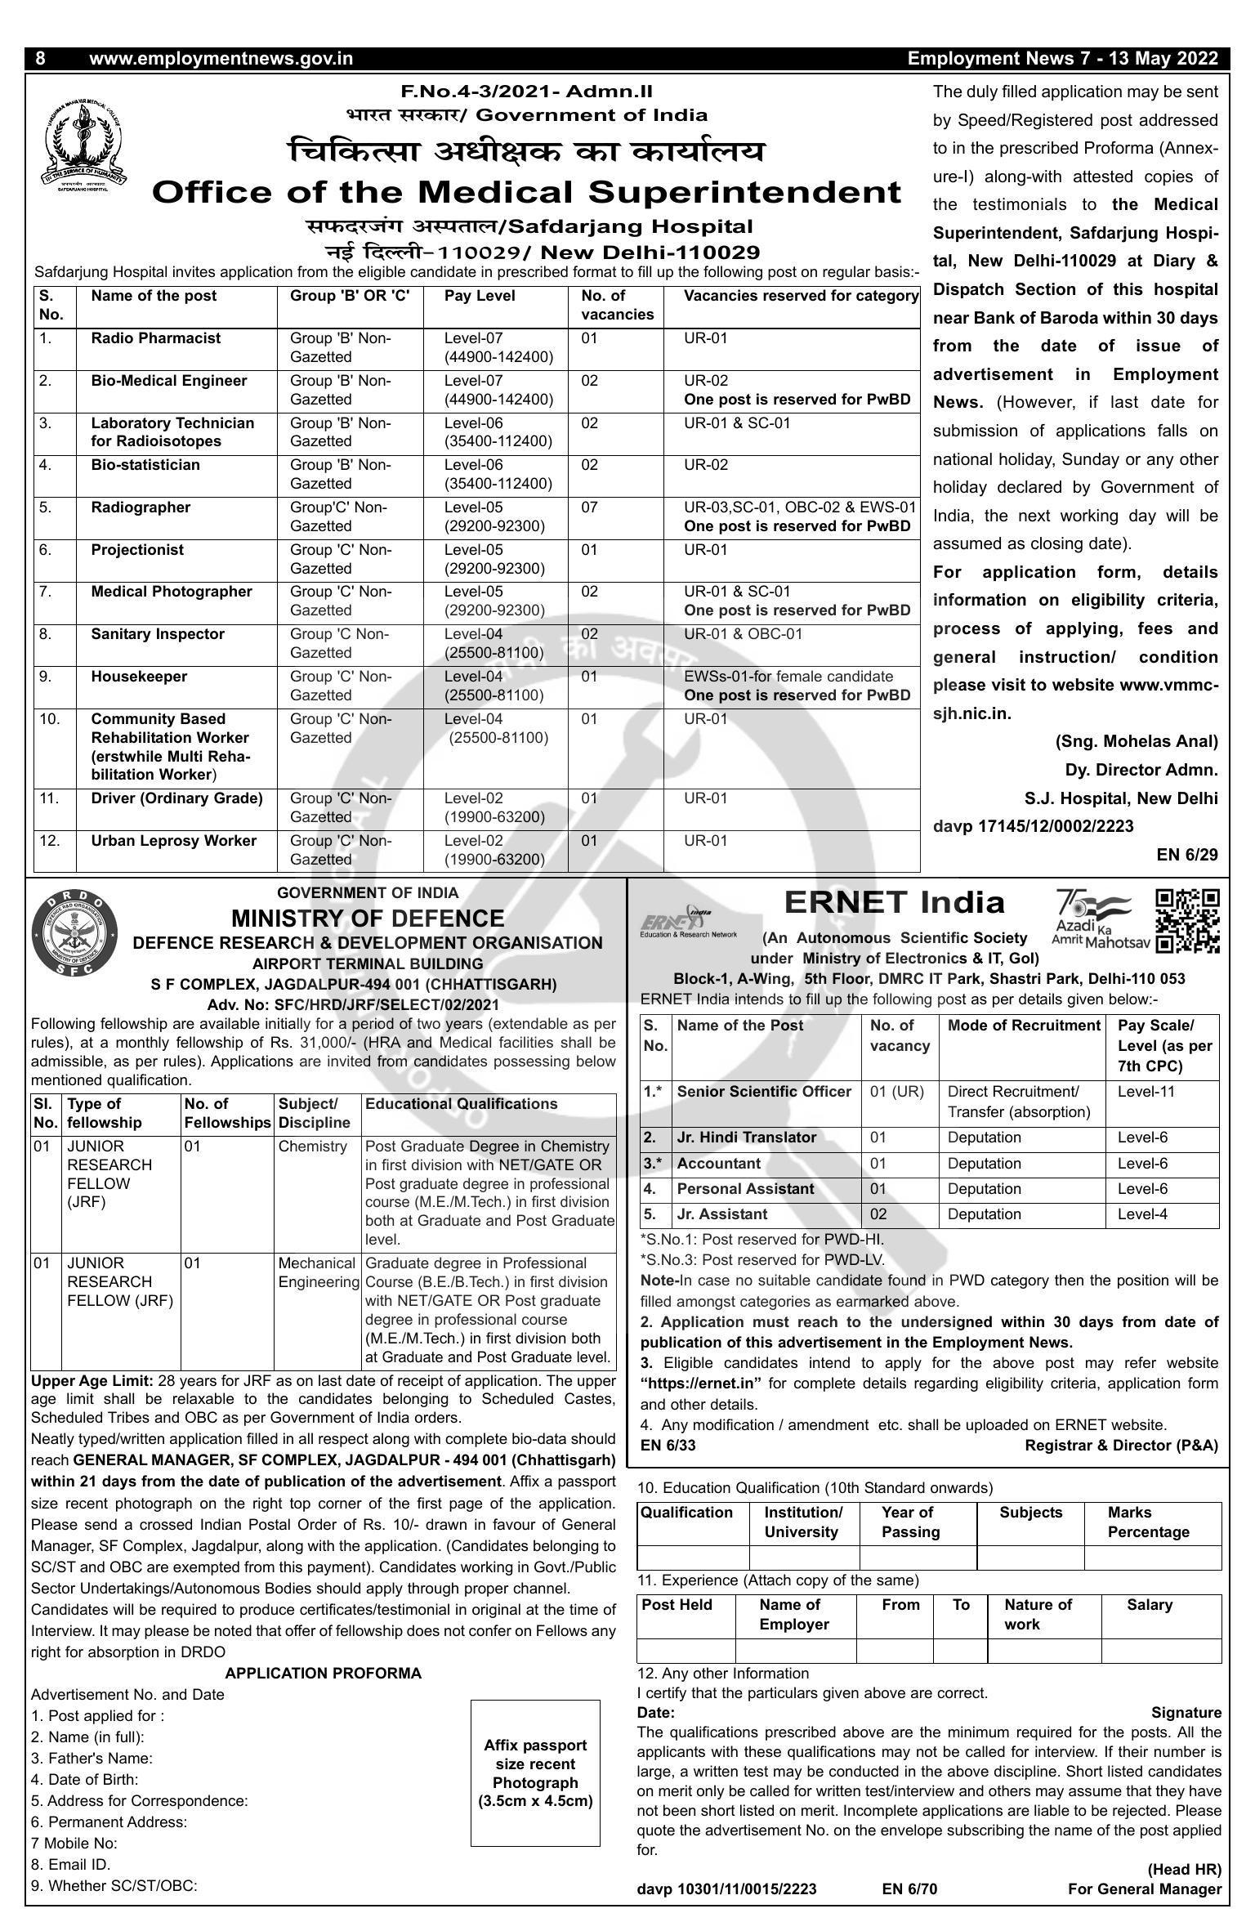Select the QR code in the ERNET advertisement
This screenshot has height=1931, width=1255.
(1187, 921)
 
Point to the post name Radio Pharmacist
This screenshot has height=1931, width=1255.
(155, 338)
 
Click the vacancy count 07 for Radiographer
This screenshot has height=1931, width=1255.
(590, 507)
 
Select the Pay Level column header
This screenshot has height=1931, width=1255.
(480, 296)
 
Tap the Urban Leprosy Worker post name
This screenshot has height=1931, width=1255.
(173, 841)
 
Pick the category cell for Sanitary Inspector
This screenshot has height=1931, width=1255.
(743, 634)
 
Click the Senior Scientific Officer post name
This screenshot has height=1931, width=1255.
(764, 1092)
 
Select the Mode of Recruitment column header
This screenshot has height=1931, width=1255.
(1024, 1026)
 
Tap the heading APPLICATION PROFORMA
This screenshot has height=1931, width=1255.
(323, 1673)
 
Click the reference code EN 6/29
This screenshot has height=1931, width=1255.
(1186, 855)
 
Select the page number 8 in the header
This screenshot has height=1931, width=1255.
(41, 59)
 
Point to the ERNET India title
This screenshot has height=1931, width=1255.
(894, 903)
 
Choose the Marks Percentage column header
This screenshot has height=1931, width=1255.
(1148, 1522)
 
